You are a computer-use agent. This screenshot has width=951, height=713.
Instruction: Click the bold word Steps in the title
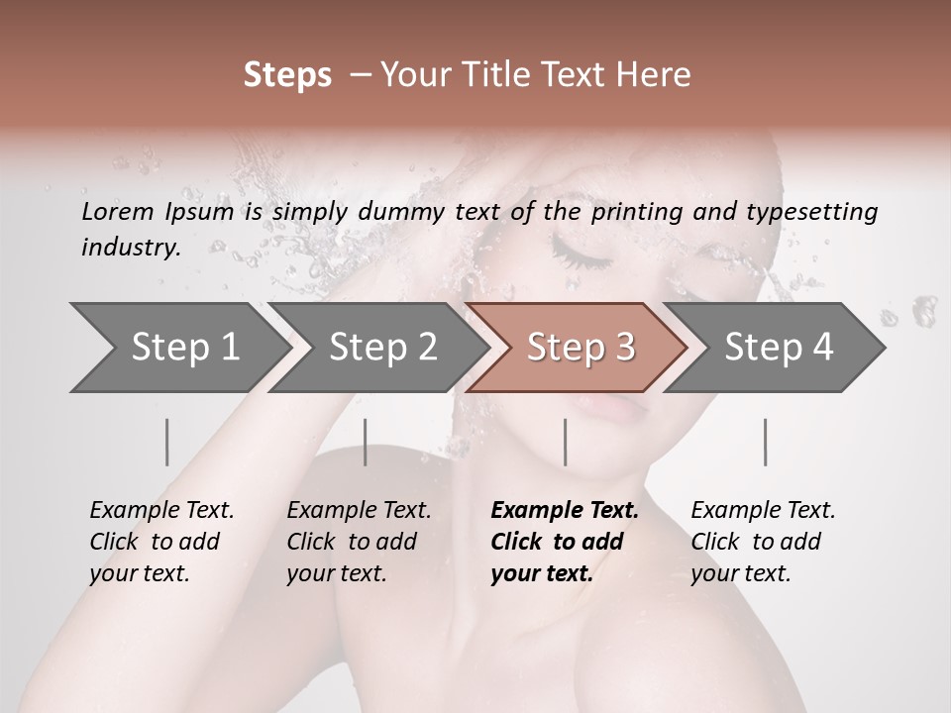pos(287,75)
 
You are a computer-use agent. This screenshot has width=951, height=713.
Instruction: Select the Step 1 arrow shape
pos(178,348)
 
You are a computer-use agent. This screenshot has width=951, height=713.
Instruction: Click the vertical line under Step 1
pos(167,442)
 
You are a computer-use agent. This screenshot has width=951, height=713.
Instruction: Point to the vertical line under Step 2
pos(366,442)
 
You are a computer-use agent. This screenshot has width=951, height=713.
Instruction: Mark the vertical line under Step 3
pos(566,442)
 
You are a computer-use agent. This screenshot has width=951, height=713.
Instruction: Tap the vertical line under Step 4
pos(765,442)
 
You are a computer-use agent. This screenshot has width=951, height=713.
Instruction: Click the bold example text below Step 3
pos(564,542)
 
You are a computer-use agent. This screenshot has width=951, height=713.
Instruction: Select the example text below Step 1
pos(161,542)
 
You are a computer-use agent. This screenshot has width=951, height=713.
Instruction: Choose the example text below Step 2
pos(359,542)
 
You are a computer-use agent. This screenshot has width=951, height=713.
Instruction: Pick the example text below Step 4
pos(763,542)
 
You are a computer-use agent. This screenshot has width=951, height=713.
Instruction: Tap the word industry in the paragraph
pos(131,248)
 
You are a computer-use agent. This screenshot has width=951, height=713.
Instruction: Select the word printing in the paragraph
pos(641,211)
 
